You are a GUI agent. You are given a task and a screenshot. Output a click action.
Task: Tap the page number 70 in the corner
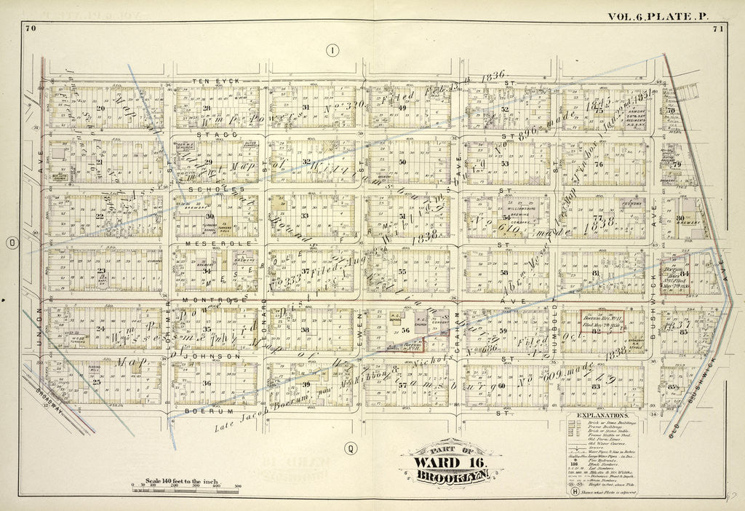pos(30,28)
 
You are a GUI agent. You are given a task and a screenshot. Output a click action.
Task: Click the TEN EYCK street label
pos(212,80)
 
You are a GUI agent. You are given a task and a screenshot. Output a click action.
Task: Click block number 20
pos(100,108)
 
